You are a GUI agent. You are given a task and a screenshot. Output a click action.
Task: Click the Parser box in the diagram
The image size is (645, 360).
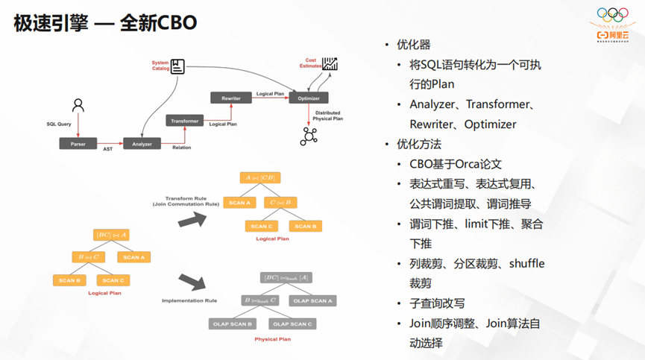click(78, 144)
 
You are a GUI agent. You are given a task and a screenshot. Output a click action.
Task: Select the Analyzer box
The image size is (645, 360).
click(142, 144)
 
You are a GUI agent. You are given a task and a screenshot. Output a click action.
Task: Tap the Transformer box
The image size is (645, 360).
click(184, 121)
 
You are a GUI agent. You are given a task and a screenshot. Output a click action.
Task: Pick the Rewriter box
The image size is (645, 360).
click(230, 98)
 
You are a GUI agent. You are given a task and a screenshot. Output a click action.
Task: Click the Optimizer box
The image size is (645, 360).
click(309, 98)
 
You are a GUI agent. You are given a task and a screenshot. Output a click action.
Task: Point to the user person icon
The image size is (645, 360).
click(78, 105)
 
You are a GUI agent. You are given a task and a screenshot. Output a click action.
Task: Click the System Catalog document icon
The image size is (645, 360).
click(177, 66)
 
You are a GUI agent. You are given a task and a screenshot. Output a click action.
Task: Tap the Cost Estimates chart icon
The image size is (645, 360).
click(330, 64)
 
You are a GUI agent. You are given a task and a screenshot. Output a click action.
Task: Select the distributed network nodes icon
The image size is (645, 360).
click(309, 136)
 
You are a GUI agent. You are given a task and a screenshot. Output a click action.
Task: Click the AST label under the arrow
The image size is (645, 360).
click(107, 150)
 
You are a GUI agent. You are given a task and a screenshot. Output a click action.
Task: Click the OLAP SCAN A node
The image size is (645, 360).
click(313, 300)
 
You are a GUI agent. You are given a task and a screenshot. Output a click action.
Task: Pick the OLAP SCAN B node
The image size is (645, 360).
click(231, 323)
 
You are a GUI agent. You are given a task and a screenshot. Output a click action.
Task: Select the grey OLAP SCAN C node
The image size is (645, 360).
click(292, 323)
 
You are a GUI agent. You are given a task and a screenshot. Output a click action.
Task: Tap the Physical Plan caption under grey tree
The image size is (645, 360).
click(274, 339)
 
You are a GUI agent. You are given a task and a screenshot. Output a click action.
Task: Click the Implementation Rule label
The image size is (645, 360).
click(189, 300)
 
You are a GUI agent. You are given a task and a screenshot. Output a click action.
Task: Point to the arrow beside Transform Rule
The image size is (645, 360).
click(195, 218)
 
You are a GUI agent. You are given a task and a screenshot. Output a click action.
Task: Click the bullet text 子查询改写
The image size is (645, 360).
click(437, 303)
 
